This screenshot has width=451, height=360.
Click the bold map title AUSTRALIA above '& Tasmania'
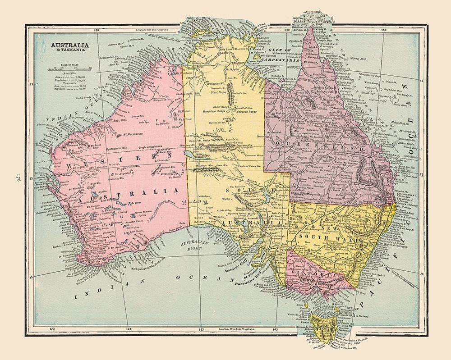pyautogui.click(x=69, y=46)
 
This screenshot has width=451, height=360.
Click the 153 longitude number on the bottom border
pyautogui.click(x=200, y=330)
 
